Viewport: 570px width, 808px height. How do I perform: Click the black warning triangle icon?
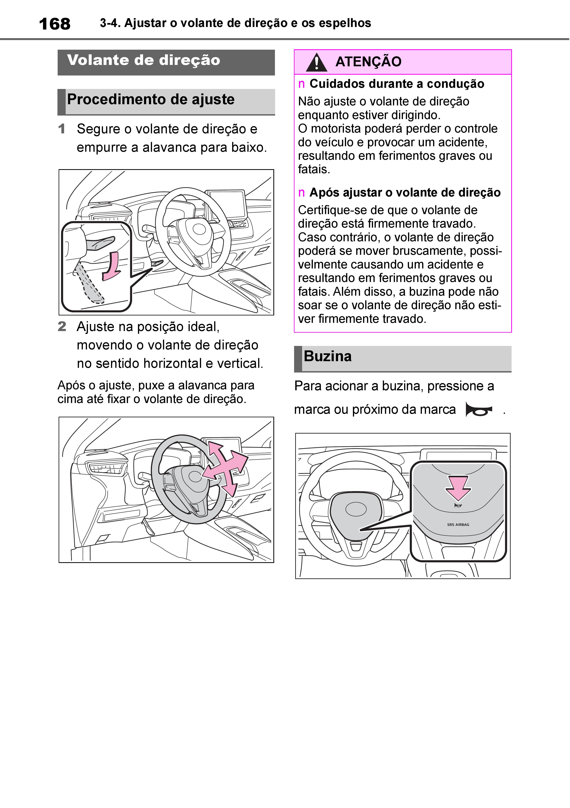pyautogui.click(x=316, y=62)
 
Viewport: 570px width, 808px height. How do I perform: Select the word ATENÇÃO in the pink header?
pyautogui.click(x=368, y=62)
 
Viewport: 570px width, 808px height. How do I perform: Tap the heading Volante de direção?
pyautogui.click(x=143, y=60)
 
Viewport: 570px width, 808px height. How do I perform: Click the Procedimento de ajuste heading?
pyautogui.click(x=150, y=100)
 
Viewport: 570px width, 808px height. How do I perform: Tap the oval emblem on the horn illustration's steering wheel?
pyautogui.click(x=356, y=509)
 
